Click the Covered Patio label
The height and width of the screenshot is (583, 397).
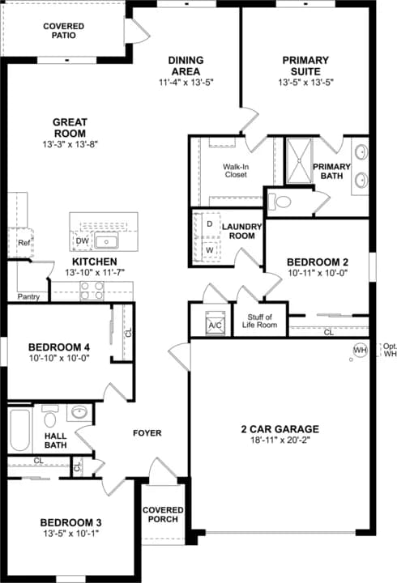tap(64, 32)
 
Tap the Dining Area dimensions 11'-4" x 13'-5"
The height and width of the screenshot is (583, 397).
tap(186, 82)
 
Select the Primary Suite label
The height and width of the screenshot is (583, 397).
tap(305, 65)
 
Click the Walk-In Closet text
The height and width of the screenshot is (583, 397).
tap(236, 169)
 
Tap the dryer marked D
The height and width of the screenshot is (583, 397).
tap(209, 223)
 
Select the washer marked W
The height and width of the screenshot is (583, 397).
tap(209, 250)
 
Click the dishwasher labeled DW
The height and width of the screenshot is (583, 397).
tap(82, 240)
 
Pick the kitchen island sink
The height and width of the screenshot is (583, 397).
tap(105, 240)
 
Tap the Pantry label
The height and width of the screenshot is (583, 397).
tap(28, 296)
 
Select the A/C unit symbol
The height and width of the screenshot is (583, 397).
tap(216, 321)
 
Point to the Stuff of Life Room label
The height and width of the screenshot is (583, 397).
tap(260, 321)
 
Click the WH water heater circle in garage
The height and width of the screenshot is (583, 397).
tap(360, 350)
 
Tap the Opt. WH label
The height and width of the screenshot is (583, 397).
tap(389, 350)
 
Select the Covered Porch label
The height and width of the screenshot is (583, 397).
tap(164, 514)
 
